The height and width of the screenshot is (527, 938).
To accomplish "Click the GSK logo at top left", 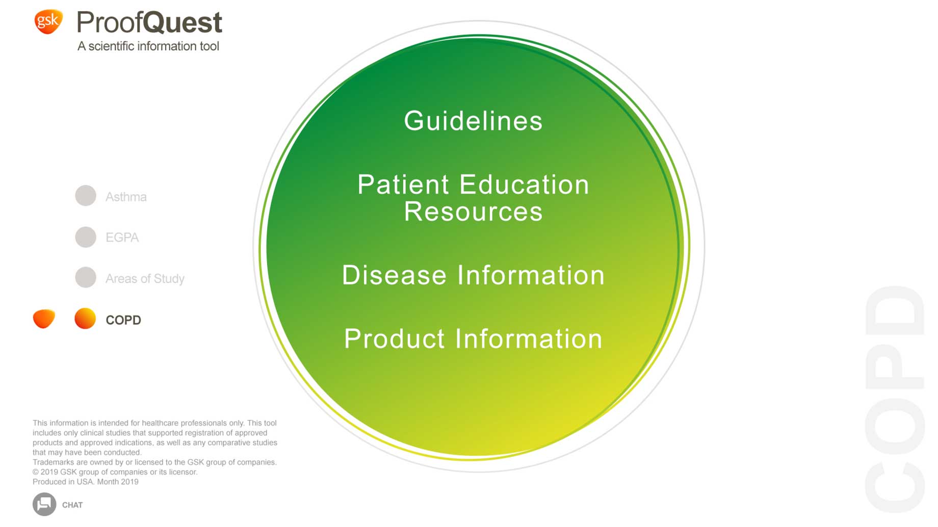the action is [48, 21].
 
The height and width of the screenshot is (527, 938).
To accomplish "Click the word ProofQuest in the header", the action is [149, 22].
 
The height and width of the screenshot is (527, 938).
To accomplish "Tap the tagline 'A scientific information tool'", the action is [148, 46].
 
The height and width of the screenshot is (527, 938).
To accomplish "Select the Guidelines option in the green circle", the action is [473, 121].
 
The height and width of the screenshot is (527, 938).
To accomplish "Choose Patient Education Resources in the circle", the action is [473, 198].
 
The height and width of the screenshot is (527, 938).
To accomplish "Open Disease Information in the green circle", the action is [473, 275].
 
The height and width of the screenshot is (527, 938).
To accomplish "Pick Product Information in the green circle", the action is [473, 338].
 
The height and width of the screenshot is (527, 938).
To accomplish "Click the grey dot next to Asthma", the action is [86, 196].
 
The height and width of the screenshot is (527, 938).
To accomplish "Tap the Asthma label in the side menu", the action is [126, 197].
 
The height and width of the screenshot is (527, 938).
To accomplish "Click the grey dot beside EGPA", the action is [86, 237].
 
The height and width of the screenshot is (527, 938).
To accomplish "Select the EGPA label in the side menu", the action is [122, 238].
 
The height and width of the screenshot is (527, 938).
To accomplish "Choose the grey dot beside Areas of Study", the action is [86, 278].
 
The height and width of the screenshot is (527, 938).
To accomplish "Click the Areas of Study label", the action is [145, 279].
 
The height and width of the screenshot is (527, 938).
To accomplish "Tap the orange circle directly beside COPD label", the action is [85, 319].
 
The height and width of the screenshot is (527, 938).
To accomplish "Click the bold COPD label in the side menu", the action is [123, 320].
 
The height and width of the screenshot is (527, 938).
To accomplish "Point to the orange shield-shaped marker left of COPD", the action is [44, 319].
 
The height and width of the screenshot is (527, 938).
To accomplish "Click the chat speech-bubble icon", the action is [44, 504].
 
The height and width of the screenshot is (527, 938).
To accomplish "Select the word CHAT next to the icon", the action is [72, 505].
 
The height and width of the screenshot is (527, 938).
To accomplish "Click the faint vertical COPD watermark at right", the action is [895, 399].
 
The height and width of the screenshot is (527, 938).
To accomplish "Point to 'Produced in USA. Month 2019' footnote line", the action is [86, 482].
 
